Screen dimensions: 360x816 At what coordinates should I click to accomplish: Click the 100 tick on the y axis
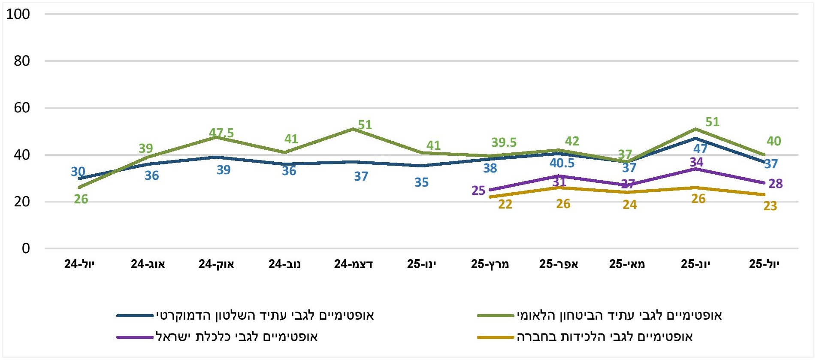coord(18,14)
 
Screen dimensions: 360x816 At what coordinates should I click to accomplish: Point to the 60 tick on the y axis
coord(22,108)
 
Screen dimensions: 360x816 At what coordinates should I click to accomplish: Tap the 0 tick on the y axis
coord(26,248)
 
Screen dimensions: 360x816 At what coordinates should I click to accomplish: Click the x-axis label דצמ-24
coord(354,264)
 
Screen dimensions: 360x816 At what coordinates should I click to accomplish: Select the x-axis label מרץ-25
coord(490,264)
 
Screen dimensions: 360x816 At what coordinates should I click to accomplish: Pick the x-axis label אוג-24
coord(148,264)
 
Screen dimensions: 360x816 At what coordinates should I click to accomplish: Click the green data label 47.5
coord(221,133)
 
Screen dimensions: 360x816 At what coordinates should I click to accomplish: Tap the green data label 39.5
coord(504,142)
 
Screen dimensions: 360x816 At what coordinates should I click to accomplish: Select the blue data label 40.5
coord(562,163)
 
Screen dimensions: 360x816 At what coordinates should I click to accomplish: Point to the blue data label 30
coord(78,172)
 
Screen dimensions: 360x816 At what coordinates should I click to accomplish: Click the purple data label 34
coord(696,162)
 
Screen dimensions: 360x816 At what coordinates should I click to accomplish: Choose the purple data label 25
coord(478,190)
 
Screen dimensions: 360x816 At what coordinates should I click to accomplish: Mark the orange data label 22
coord(505,204)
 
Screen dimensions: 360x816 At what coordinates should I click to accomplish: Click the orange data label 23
coord(770,206)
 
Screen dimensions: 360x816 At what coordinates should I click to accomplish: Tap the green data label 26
coord(81,199)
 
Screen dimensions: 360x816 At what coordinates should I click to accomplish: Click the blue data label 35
coord(421,182)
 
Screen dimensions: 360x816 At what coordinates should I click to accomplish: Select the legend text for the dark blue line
coord(265,315)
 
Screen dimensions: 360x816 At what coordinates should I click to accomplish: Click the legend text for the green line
coord(619,315)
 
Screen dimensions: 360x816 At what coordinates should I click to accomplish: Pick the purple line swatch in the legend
coord(135,337)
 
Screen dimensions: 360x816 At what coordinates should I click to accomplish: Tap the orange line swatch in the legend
coord(496,337)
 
